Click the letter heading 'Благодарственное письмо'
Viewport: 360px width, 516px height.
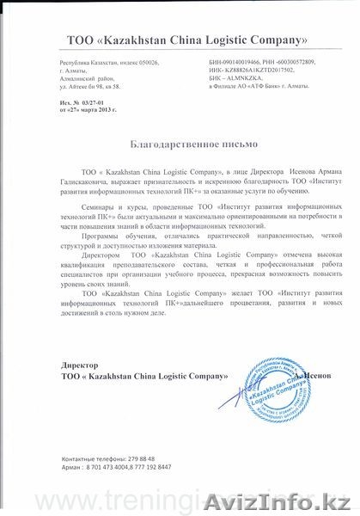[179, 147]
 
